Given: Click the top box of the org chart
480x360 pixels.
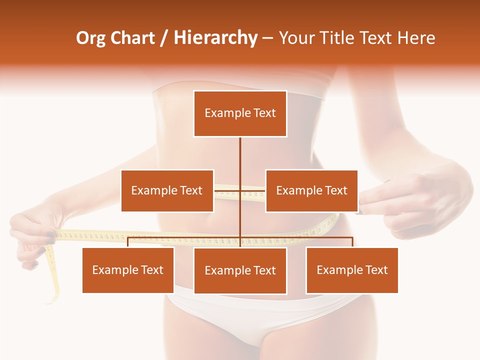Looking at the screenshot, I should (240, 113).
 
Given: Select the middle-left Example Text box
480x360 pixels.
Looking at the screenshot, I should (167, 190).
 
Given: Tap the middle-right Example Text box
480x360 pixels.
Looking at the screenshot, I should (311, 190).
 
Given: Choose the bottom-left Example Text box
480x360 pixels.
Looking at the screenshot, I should (128, 270).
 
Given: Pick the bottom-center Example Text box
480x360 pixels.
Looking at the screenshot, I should (240, 270).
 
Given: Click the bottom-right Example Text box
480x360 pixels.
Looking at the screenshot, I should (352, 270).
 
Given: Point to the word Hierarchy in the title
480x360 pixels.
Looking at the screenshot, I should (215, 38).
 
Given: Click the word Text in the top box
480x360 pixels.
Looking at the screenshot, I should (264, 113).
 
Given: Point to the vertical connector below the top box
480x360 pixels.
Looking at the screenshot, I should (240, 160).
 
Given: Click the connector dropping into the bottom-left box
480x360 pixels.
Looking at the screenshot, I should (128, 242).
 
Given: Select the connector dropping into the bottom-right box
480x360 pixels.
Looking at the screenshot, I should (352, 242).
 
